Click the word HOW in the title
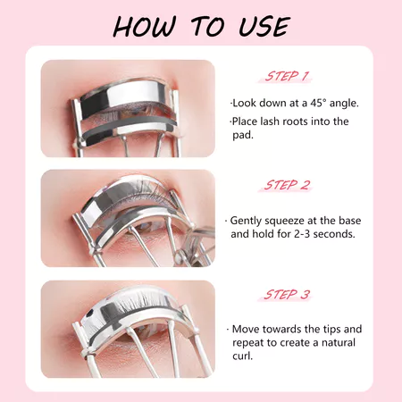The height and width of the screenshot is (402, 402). point(144,27)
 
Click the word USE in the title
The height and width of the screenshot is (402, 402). point(264,27)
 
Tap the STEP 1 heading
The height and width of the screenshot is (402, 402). point(286,77)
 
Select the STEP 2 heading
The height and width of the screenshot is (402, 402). point(287,185)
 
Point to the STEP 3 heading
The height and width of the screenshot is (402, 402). point(287,295)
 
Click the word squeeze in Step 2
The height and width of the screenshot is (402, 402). point(284,222)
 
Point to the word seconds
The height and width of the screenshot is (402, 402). point(334,234)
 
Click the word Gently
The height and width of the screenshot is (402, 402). point(246,222)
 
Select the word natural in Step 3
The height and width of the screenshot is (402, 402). point(339,343)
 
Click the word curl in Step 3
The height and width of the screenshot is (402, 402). point(242,356)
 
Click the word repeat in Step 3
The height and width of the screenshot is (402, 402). point(248,343)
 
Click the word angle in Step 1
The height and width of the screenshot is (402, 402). point(344,104)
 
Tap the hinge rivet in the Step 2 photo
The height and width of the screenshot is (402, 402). point(180,255)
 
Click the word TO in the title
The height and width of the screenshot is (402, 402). point(207,27)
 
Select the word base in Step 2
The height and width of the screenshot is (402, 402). point(349,221)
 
